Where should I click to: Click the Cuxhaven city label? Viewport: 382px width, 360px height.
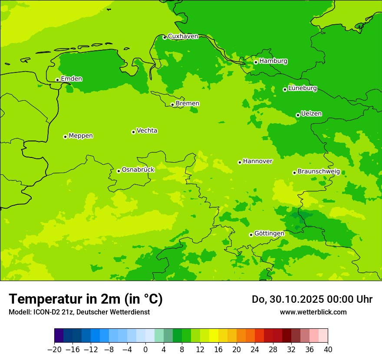coord(183,36)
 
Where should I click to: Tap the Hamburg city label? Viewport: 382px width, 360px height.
coord(273,61)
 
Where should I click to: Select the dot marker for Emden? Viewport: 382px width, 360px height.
coord(57,80)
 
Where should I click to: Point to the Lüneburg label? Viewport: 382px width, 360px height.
coord(302,88)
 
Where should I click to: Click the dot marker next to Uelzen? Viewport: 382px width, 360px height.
coord(298,115)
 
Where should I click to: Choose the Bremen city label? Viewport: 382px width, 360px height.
coord(187,104)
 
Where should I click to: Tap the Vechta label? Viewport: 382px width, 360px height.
coord(147,131)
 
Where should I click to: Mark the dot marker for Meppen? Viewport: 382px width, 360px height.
coord(65,137)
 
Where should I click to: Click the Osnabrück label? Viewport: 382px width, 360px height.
coord(138,170)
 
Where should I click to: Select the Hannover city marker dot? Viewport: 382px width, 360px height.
coord(240,162)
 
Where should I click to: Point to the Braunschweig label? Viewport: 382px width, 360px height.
coord(319,172)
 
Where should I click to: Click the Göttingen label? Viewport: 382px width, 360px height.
coord(269,234)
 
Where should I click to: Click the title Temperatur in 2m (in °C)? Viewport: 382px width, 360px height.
coord(86,299)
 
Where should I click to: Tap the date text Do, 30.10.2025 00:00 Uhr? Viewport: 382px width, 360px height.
coord(312,299)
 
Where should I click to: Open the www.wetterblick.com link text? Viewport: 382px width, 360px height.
coord(313,312)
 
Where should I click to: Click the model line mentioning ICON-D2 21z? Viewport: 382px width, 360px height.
coord(79,312)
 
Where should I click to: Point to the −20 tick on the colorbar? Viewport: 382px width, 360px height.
coord(54,350)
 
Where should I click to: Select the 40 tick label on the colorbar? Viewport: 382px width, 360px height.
coord(328,350)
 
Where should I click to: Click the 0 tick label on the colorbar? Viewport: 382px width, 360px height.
coord(145,350)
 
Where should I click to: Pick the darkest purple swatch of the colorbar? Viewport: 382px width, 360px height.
coord(59,336)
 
